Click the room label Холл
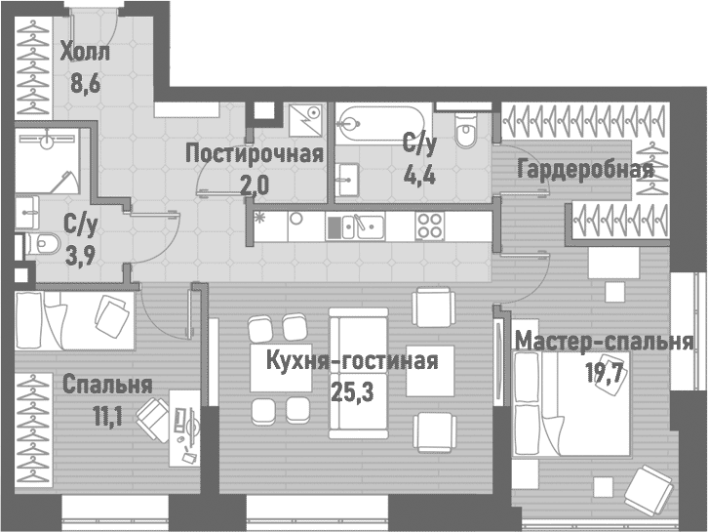click(86, 52)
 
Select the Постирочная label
click(254, 153)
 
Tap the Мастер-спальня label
click(604, 342)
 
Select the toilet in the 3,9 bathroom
click(39, 243)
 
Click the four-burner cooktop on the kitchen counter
click(430, 226)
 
